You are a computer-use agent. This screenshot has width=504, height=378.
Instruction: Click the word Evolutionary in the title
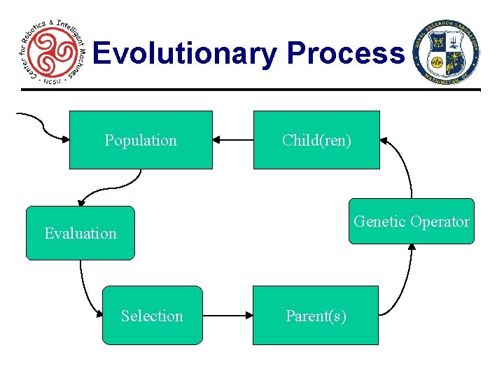pyautogui.click(x=186, y=53)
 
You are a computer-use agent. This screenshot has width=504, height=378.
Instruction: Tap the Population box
pyautogui.click(x=141, y=140)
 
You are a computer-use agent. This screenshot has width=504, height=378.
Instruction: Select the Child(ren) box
pyautogui.click(x=316, y=140)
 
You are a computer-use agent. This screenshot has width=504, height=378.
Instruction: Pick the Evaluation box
pyautogui.click(x=80, y=233)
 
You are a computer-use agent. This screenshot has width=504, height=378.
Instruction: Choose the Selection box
pyautogui.click(x=152, y=316)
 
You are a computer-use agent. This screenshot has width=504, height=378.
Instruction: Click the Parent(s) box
pyautogui.click(x=315, y=316)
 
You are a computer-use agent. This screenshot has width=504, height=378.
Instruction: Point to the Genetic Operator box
pyautogui.click(x=412, y=222)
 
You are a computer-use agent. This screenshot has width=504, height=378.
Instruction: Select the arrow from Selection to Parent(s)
pyautogui.click(x=227, y=316)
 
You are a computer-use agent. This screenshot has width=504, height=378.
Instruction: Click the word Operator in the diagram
pyautogui.click(x=440, y=222)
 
